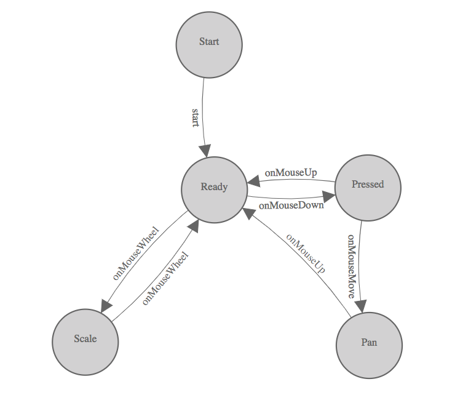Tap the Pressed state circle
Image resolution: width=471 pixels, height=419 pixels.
point(368,186)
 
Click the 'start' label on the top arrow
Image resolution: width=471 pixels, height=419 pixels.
point(196,118)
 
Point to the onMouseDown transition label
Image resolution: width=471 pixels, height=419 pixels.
point(291,206)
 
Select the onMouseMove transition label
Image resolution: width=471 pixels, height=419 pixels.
point(351,266)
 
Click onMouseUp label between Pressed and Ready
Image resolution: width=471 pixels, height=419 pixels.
point(291,173)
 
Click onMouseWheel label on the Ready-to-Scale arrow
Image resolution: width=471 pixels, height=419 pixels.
point(135,253)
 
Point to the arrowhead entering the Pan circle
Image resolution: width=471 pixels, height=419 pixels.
point(362,307)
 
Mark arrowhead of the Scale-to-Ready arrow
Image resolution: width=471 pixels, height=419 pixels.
point(194,225)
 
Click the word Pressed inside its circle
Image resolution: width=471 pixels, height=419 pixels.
point(368,185)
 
